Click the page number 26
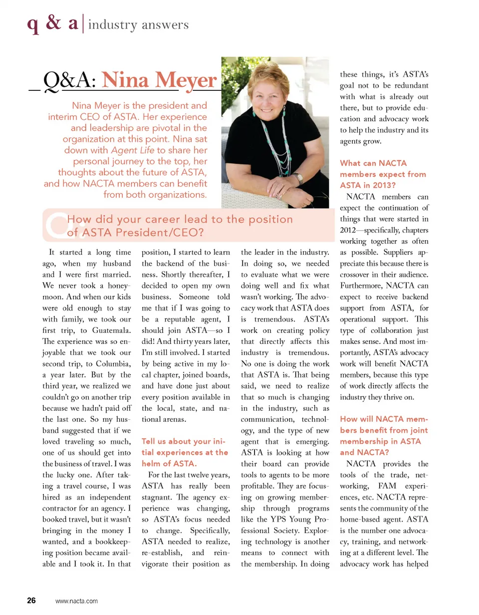pos(31,601)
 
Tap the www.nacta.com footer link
pos(76,601)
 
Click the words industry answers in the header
pos(138,24)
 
